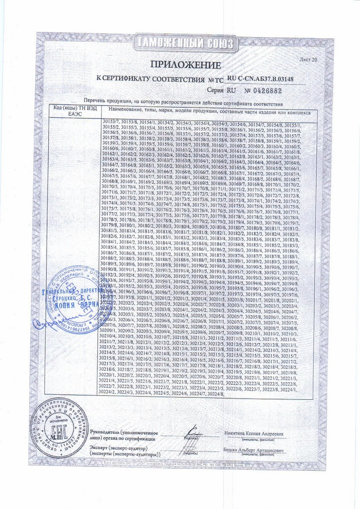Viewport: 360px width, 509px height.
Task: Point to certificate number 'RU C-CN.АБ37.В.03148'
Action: [x=267, y=79]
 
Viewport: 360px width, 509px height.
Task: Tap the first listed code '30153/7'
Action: [x=110, y=122]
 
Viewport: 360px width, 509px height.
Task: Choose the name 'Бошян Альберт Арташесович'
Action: [x=254, y=449]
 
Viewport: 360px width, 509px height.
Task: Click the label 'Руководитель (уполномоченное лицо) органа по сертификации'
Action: [x=123, y=436]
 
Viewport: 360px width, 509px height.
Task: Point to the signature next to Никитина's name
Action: [x=191, y=431]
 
